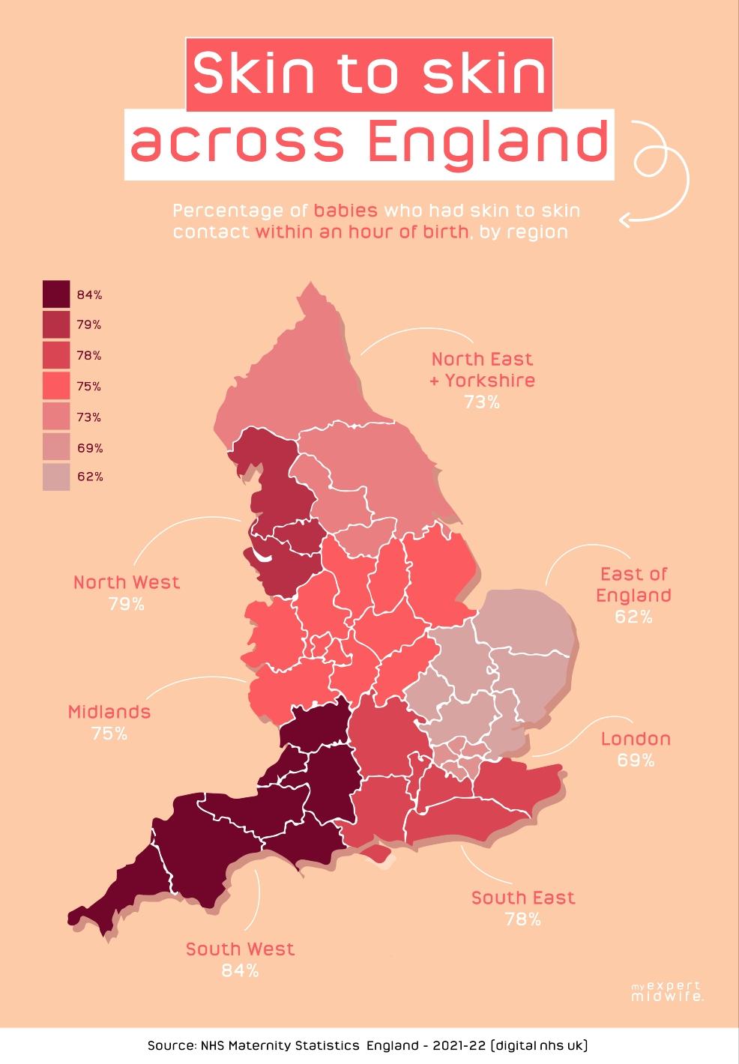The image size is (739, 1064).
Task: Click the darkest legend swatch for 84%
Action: click(56, 294)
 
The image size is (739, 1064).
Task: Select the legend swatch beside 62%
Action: click(56, 477)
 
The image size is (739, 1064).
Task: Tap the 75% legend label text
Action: click(89, 387)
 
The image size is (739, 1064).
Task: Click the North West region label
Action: click(127, 582)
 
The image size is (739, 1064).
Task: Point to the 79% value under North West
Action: click(127, 604)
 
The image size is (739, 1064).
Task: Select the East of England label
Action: click(633, 584)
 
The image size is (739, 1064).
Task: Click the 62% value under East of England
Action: click(634, 617)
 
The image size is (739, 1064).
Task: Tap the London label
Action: click(636, 739)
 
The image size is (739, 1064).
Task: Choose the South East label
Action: click(523, 897)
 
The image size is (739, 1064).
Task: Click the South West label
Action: click(240, 949)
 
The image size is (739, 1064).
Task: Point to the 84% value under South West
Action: click(240, 970)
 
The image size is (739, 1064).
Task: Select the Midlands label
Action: click(109, 712)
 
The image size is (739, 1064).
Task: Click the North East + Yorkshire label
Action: click(482, 369)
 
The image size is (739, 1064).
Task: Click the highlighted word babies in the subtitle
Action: click(346, 210)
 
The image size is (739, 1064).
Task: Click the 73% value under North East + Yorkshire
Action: click(481, 402)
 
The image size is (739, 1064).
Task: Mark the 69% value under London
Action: click(636, 761)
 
